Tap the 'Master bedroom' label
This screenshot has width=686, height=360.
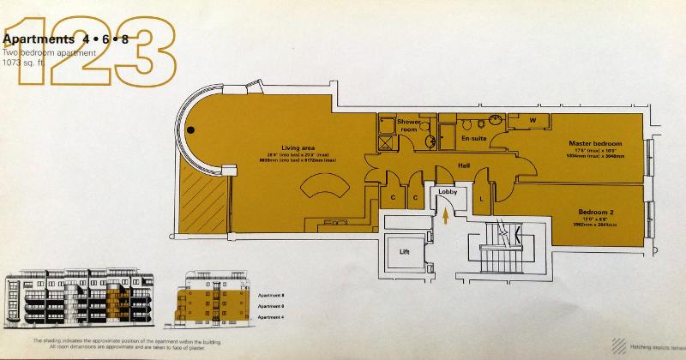pos(594,143)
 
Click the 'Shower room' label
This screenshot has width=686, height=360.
pos(408,126)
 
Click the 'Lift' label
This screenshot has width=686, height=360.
pos(406,252)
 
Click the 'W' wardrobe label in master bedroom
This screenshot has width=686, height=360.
pos(533,121)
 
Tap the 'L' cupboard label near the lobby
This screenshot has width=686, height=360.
pos(481,200)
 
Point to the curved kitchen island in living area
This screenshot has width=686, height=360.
pos(322,188)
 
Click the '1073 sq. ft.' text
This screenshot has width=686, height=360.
pos(23,63)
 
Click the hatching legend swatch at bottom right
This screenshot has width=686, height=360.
pos(618,345)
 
